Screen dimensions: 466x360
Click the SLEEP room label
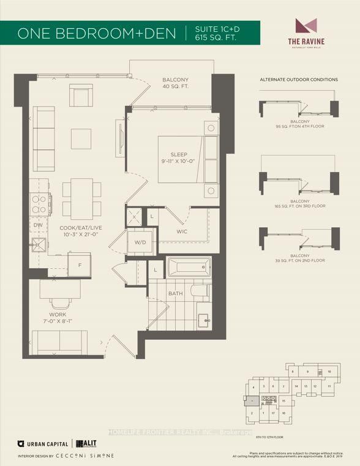(x=178, y=155)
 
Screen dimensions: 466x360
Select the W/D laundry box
(x=140, y=242)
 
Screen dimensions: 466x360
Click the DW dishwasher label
(x=38, y=226)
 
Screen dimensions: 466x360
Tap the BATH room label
(x=176, y=294)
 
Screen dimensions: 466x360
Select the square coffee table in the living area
(x=81, y=138)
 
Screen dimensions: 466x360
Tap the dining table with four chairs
(x=81, y=195)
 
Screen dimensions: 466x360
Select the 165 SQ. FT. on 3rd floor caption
(x=299, y=206)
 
